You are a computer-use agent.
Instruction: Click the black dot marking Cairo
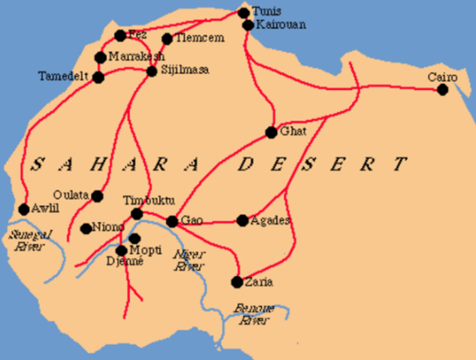pos(442,90)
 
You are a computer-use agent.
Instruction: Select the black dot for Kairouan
pos(249,25)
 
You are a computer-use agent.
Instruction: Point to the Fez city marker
pos(120,35)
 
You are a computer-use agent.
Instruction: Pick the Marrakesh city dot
pos(101,58)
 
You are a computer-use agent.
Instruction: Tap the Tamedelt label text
pos(64,76)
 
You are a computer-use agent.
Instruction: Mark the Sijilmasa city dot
pos(152,71)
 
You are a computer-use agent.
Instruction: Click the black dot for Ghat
pos(271,133)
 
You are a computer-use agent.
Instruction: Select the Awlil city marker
pos(23,209)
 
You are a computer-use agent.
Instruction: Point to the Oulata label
pos(71,195)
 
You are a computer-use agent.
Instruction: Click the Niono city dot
pos(86,228)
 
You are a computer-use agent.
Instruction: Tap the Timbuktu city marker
pos(137,214)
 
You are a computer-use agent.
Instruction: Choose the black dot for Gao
pos(172,221)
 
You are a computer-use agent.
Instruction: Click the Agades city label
pos(270,220)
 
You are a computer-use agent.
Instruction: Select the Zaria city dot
pos(237,282)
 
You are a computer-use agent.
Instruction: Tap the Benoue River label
pos(253,314)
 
